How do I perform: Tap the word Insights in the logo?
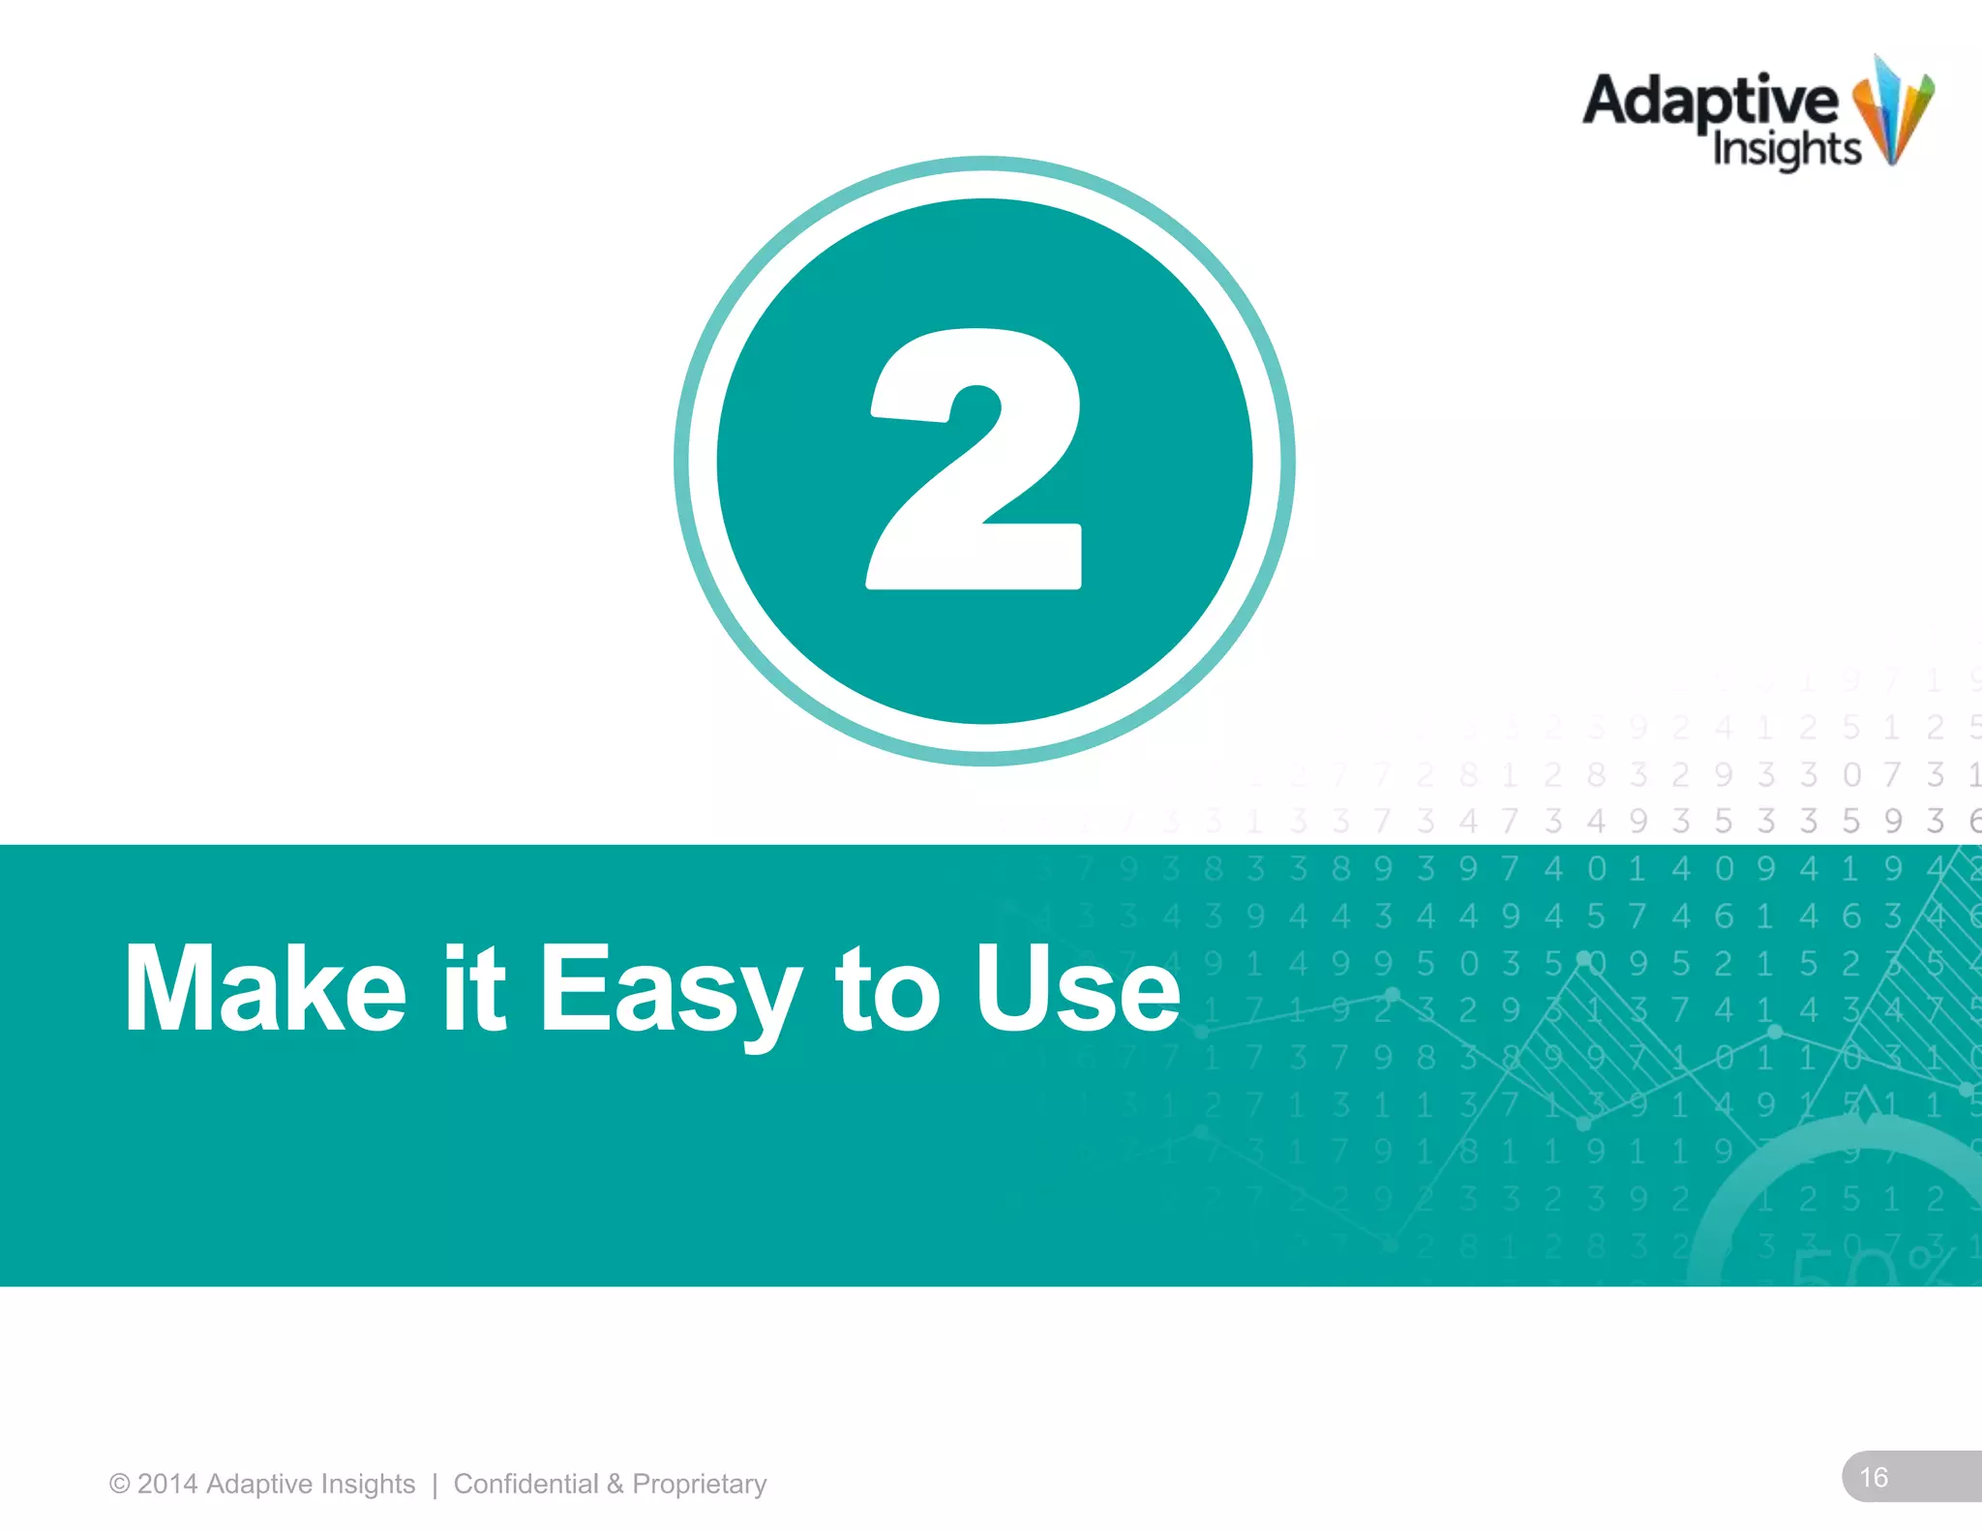point(1787,150)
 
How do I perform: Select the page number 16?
point(1874,1478)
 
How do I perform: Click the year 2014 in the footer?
point(167,1484)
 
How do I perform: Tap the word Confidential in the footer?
point(526,1484)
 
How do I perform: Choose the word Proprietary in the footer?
point(699,1485)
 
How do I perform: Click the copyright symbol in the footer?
point(119,1485)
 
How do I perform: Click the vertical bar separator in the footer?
point(435,1485)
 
